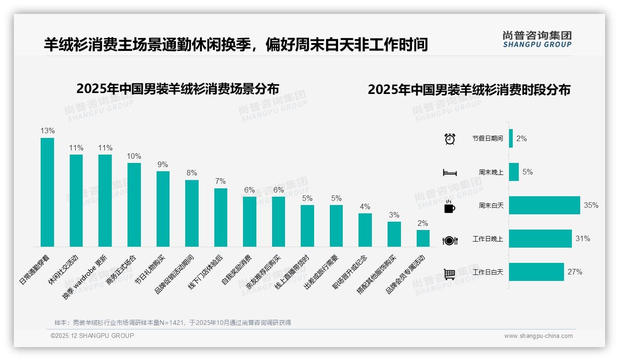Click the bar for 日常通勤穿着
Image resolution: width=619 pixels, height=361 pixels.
pos(47,192)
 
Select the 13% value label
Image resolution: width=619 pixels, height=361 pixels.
pos(47,131)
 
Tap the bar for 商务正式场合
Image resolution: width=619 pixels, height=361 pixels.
pos(134,205)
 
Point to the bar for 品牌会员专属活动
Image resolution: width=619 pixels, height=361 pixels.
pos(423,238)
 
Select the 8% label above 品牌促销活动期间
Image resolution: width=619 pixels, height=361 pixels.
pos(192,173)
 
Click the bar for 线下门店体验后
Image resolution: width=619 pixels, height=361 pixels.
pos(221,217)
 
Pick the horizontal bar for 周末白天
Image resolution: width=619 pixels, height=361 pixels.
pos(544,205)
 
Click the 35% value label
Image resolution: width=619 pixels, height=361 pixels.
pos(591,205)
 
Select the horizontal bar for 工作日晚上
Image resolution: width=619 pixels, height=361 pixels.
pos(540,239)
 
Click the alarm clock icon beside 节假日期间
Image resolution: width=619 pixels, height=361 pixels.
pos(449,139)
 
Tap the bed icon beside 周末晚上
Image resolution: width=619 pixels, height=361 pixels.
pos(449,172)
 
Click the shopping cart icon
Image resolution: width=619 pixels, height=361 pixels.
pos(449,274)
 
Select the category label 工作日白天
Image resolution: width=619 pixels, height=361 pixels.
pos(488,272)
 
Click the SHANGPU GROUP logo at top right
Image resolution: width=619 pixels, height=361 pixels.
pos(537,39)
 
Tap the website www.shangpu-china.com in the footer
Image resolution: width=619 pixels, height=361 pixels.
pos(538,336)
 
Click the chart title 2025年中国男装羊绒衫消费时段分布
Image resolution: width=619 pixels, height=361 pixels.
pos(469,89)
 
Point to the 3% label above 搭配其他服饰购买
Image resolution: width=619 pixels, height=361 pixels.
pos(394,215)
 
